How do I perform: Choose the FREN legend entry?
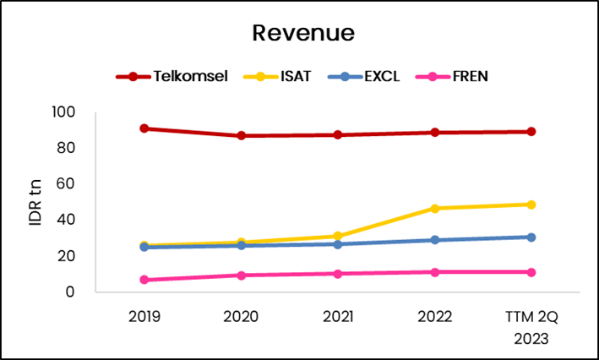tap(470, 76)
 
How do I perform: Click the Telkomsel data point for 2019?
tap(144, 128)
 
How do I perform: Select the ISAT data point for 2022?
tap(435, 208)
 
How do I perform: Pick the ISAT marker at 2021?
tap(338, 237)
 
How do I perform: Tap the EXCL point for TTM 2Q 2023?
tap(531, 237)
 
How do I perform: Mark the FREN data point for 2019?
tap(144, 280)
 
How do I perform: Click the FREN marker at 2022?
tap(435, 272)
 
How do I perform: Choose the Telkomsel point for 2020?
tap(242, 135)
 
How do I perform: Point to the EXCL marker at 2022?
tap(435, 240)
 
